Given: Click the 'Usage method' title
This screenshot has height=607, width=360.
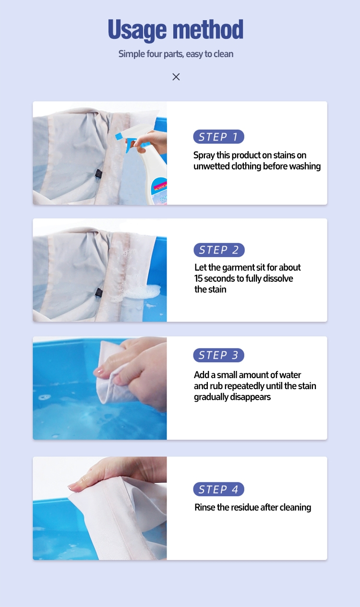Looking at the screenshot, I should coord(176,30).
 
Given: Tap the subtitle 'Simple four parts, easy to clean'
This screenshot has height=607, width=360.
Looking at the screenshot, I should coord(176,54).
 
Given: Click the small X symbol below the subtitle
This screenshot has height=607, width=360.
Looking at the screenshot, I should coord(176,77).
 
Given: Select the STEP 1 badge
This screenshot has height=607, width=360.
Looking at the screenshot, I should coord(218,137).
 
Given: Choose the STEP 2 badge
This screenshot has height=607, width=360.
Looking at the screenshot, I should coord(219,250).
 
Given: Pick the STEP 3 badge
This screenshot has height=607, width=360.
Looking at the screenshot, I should coord(218,355).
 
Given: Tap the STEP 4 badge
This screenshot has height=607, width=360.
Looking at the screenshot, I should coord(218,489).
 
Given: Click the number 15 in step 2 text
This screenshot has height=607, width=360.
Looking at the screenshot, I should coord(199,279).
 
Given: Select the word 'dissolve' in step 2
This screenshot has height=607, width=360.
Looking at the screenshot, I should coord(277,279).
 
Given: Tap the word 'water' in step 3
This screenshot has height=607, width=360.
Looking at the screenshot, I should coord(289,375).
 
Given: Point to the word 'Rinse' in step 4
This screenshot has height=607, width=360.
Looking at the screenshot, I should coord(205,507).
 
